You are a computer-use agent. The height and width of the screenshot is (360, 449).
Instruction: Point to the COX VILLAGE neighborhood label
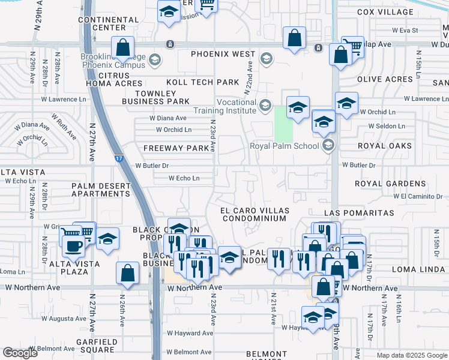pyautogui.click(x=385, y=12)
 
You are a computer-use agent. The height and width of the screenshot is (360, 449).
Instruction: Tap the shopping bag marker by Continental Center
pyautogui.click(x=122, y=47)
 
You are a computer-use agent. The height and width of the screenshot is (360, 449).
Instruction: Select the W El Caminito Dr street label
pyautogui.click(x=418, y=196)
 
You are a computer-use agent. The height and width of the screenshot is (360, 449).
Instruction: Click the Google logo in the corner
pyautogui.click(x=20, y=353)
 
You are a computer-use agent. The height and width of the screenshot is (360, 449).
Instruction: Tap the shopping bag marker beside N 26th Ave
pyautogui.click(x=128, y=273)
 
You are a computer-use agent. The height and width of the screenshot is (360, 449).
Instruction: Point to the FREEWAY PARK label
pyautogui.click(x=172, y=148)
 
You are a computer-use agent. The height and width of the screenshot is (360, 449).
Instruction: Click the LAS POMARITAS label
pyautogui.click(x=359, y=213)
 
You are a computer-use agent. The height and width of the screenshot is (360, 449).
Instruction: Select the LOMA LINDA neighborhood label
pyautogui.click(x=417, y=270)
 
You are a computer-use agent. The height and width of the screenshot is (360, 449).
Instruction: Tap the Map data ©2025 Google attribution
pyautogui.click(x=412, y=355)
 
